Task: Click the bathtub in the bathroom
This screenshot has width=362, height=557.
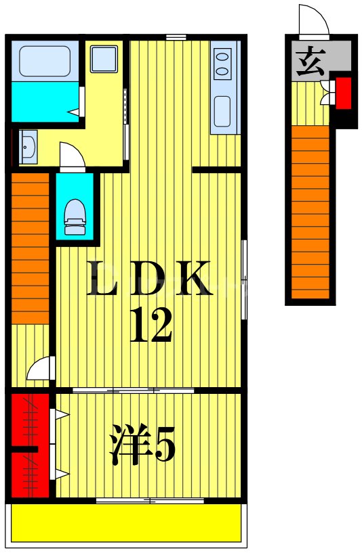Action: pos(45,61)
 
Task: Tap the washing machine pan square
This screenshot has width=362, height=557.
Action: pos(104,59)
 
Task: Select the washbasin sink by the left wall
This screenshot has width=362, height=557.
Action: pos(28,147)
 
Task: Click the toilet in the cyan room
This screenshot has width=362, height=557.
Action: pos(75,217)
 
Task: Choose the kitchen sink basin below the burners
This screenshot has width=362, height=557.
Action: pos(222,111)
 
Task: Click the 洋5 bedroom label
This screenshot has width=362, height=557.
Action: pos(142,444)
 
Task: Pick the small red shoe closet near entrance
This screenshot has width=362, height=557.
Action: pos(344,93)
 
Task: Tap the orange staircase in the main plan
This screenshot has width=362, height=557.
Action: pos(31,248)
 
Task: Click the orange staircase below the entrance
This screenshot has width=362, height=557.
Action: pos(310,212)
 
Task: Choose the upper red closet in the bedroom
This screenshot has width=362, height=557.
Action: pos(31,419)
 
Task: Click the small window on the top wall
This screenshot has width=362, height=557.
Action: pos(176,37)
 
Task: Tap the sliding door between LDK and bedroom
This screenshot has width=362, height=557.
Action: pos(134,391)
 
